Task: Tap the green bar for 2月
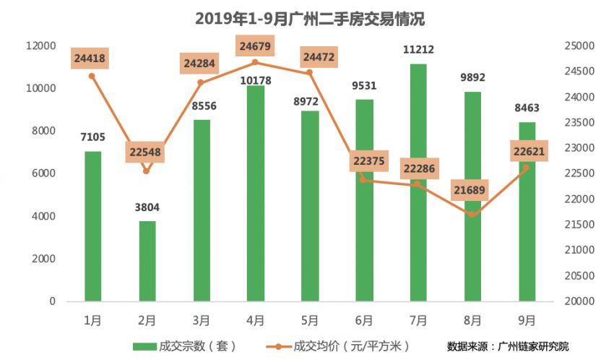[x=147, y=261]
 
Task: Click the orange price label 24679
[x=255, y=47]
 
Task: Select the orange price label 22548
[x=147, y=153]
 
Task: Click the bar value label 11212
[x=418, y=50]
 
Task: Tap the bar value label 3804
[x=147, y=207]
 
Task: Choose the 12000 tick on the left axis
[x=40, y=46]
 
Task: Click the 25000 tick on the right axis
[x=578, y=46]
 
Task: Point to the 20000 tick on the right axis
[x=578, y=301]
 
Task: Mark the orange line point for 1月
[x=92, y=76]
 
